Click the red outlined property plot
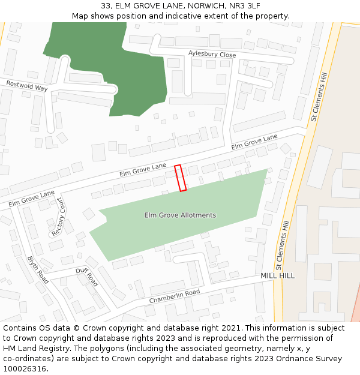180,178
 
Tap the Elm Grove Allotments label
180,215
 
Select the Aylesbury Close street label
212,55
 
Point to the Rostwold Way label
26,85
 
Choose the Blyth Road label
38,269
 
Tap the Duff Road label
86,276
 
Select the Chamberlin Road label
174,296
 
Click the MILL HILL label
278,275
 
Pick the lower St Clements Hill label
280,244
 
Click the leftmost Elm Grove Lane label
31,199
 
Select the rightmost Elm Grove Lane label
254,142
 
